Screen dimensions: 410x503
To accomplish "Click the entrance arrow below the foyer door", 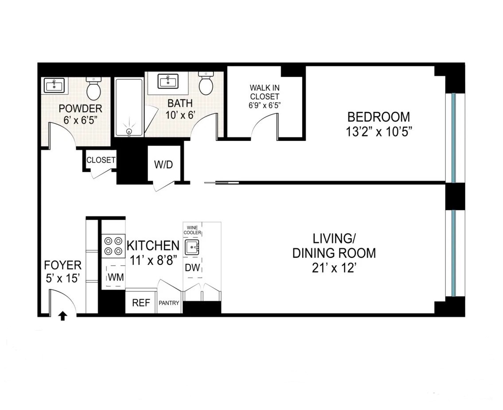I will (62, 316).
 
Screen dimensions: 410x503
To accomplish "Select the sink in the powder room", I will (55, 85).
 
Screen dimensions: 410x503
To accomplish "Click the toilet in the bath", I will (206, 84).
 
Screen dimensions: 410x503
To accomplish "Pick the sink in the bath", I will (168, 81).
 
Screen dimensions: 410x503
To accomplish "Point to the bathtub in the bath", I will (129, 107).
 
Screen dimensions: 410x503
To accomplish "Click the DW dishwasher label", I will (192, 267).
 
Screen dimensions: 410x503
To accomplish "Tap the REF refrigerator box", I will (141, 303).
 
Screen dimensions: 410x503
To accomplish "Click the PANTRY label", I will (169, 303).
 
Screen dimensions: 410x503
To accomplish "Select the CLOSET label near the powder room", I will (101, 160).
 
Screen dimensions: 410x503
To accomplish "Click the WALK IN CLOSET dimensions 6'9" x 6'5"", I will (265, 105).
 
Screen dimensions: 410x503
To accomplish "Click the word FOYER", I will (62, 265).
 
